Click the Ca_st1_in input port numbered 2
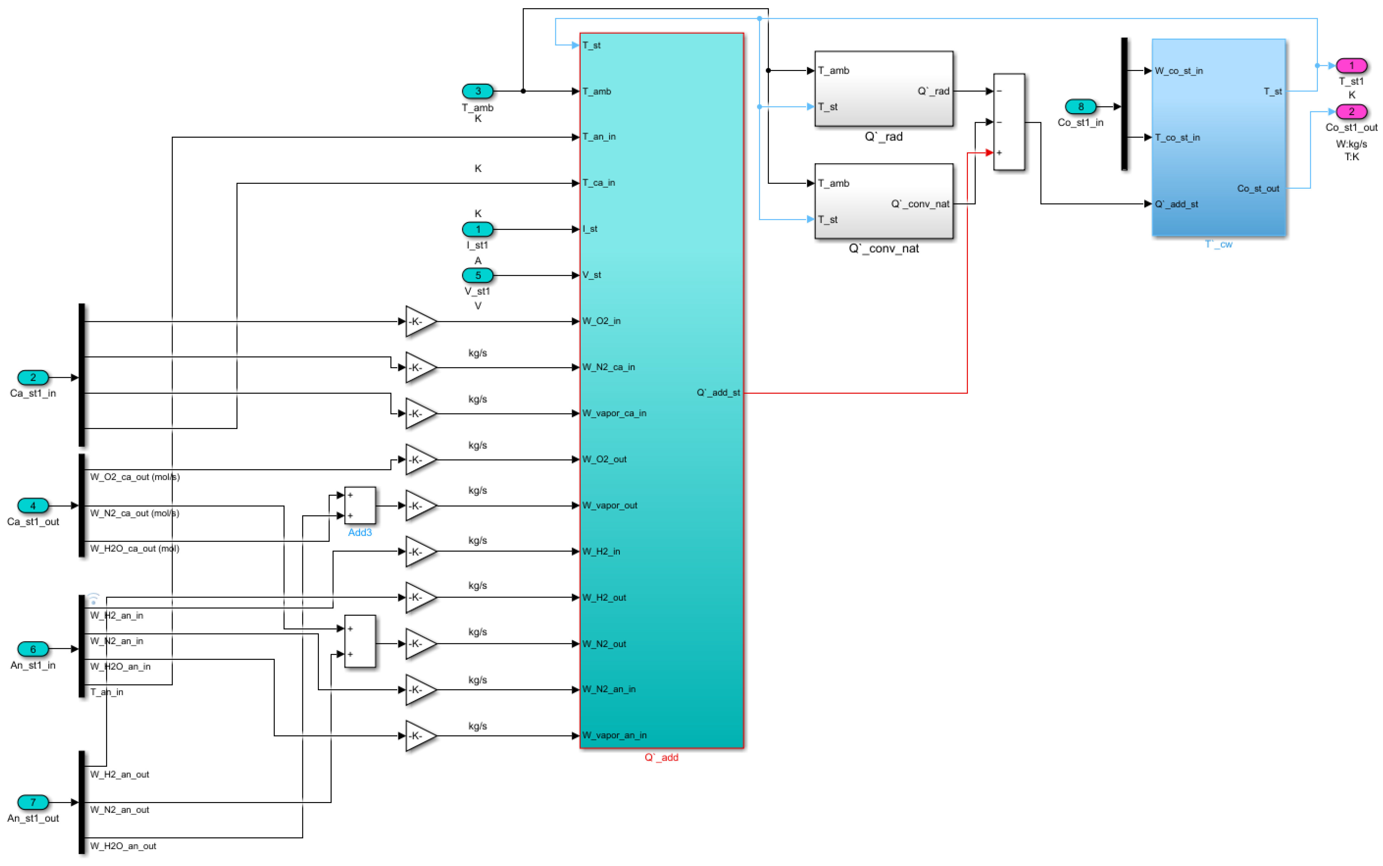(33, 378)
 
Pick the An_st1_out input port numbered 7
(33, 802)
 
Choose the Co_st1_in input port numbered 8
(1080, 107)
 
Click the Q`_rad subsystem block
(883, 89)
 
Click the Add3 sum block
(359, 505)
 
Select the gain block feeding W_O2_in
(420, 321)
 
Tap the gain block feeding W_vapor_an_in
(420, 735)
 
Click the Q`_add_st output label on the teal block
(718, 393)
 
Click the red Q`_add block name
(661, 757)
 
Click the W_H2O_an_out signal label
(123, 846)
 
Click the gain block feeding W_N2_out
(420, 644)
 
